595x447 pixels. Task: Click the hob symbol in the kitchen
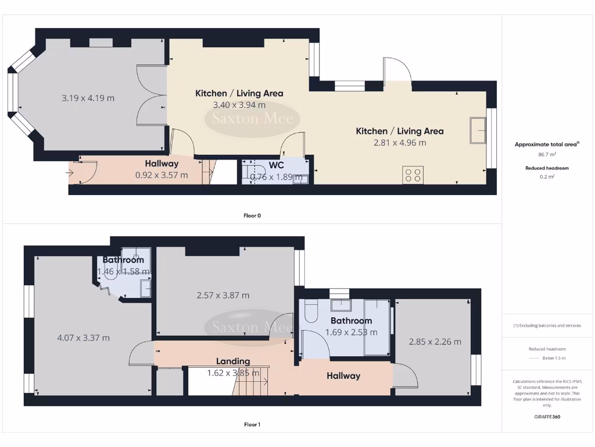pos(413,175)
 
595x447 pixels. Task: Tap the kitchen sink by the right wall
pos(479,129)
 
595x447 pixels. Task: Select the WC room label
pos(277,165)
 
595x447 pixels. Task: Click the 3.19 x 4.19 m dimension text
pos(88,98)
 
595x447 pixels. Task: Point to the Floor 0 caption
pos(252,215)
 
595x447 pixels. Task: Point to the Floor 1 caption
pos(252,424)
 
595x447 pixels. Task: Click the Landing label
pos(233,361)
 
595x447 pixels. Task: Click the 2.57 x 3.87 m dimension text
pos(223,295)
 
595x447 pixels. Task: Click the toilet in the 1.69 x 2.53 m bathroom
pos(310,311)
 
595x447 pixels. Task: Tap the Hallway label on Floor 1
pos(343,376)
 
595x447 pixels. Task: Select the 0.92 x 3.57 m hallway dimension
pos(162,175)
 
